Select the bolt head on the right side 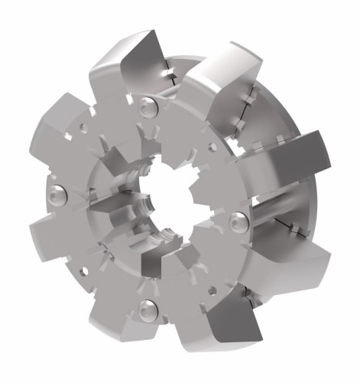238,221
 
